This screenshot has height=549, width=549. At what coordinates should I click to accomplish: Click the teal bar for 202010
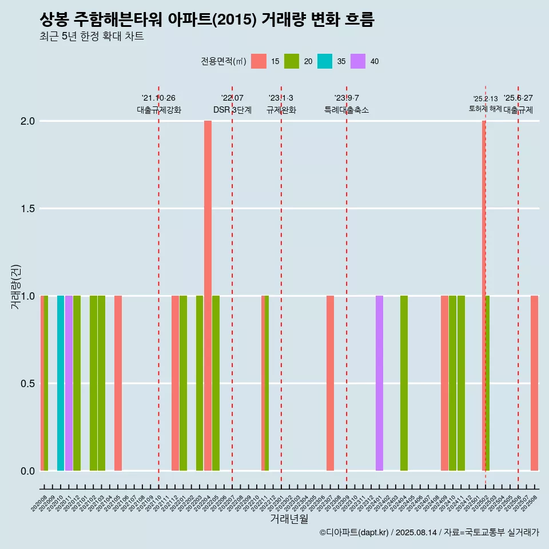[x=61, y=383]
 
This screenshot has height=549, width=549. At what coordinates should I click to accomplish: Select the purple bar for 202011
[x=69, y=383]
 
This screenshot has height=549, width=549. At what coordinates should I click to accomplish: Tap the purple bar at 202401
[x=379, y=383]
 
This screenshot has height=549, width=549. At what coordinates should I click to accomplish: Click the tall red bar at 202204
[x=208, y=296]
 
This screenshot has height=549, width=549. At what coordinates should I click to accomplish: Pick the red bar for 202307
[x=330, y=383]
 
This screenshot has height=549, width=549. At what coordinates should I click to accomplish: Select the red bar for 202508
[x=534, y=383]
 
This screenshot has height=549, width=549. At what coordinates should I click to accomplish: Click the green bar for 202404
[x=404, y=383]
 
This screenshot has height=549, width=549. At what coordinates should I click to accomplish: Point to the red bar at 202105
[x=118, y=383]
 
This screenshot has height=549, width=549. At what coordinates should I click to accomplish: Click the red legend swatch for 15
[x=259, y=61]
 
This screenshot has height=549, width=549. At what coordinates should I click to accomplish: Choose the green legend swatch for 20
[x=292, y=61]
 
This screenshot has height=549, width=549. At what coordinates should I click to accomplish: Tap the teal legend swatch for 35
[x=325, y=61]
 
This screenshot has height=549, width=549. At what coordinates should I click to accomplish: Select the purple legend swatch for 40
[x=358, y=61]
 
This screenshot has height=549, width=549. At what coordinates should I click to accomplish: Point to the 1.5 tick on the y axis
[x=27, y=209]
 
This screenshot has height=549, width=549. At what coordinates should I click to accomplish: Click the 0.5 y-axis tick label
[x=27, y=383]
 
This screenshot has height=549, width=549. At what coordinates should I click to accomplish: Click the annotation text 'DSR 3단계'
[x=232, y=110]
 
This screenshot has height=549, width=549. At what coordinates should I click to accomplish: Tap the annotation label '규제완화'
[x=281, y=110]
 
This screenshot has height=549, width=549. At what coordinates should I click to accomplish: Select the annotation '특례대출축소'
[x=347, y=110]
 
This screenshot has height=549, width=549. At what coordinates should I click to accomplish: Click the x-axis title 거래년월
[x=289, y=519]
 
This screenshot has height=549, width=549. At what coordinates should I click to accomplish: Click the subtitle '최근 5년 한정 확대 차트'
[x=91, y=37]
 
